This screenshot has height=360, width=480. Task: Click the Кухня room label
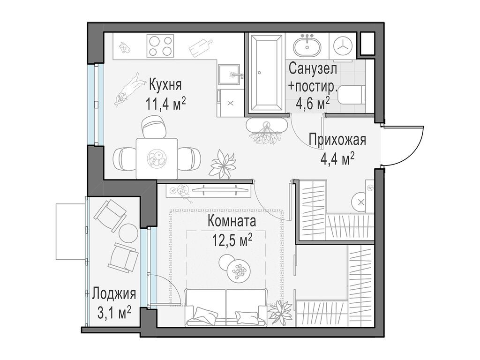165,85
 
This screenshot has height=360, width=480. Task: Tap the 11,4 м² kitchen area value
165,103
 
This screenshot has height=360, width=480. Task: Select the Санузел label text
313,68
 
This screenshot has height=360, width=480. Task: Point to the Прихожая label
337,140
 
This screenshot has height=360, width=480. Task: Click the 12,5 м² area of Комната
232,241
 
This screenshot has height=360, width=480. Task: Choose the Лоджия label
114,294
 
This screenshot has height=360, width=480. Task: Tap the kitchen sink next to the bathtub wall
231,74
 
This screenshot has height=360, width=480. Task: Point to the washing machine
342,46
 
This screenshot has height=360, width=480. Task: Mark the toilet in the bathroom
351,95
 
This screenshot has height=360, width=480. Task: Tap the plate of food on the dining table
157,158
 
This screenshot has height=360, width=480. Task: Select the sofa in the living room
227,307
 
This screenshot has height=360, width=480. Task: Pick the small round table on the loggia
127,232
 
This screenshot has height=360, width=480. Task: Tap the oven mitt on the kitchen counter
124,47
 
